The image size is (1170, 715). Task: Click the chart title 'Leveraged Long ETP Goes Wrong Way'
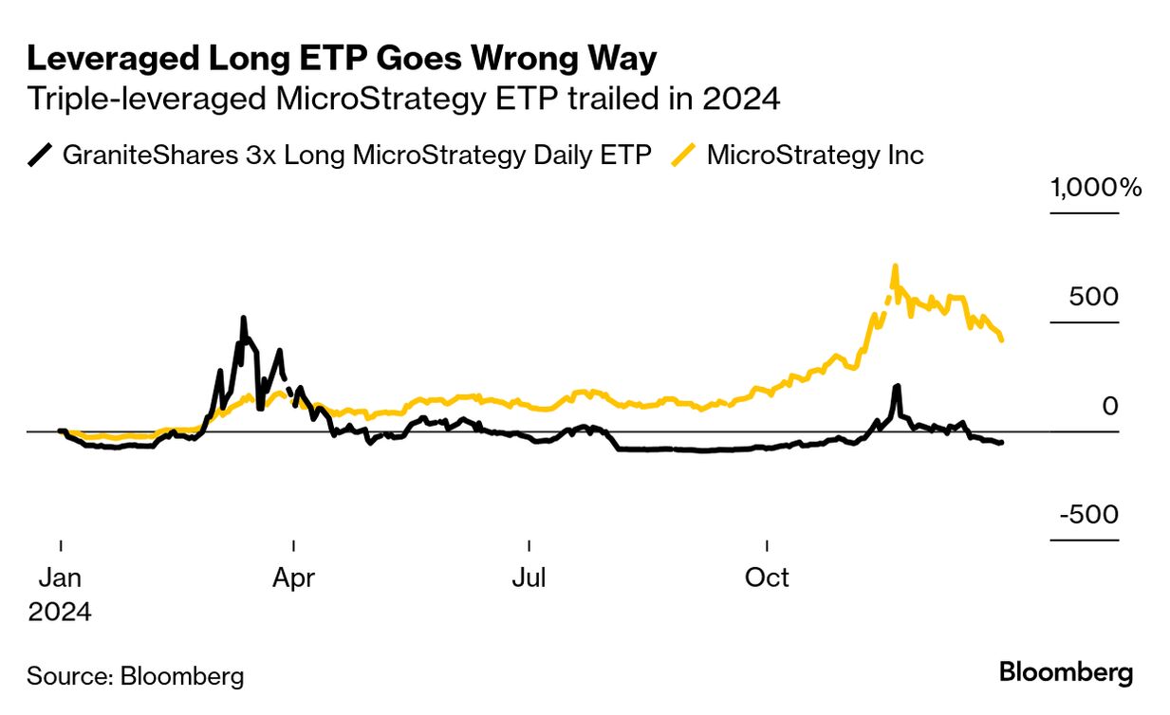click(342, 59)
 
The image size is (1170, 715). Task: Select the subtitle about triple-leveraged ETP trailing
click(403, 99)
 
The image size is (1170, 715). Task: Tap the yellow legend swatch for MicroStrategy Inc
click(686, 155)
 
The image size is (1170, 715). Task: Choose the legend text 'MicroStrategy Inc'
click(815, 155)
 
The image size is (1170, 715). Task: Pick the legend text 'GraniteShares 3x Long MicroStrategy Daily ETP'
click(357, 155)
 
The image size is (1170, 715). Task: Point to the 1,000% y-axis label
click(1096, 188)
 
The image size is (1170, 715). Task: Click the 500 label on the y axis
click(1094, 297)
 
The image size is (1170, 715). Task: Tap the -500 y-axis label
click(1088, 515)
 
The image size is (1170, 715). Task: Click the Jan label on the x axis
click(61, 577)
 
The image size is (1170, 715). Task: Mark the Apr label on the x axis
click(294, 577)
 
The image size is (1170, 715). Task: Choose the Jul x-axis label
click(528, 577)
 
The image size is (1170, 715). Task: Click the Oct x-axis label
click(767, 577)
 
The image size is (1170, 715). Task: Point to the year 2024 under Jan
click(60, 612)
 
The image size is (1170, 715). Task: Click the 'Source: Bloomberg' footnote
click(136, 676)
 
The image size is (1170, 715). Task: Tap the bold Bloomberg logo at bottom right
click(1066, 673)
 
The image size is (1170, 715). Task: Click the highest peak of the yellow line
click(894, 266)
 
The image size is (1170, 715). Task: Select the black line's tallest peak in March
click(244, 319)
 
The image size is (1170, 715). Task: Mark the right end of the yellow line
click(1002, 339)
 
